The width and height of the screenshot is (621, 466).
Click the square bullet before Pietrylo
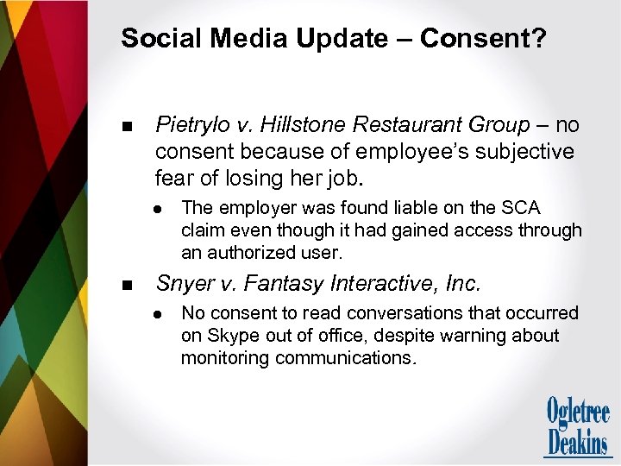coord(128,127)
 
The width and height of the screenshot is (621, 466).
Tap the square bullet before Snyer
coord(128,284)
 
